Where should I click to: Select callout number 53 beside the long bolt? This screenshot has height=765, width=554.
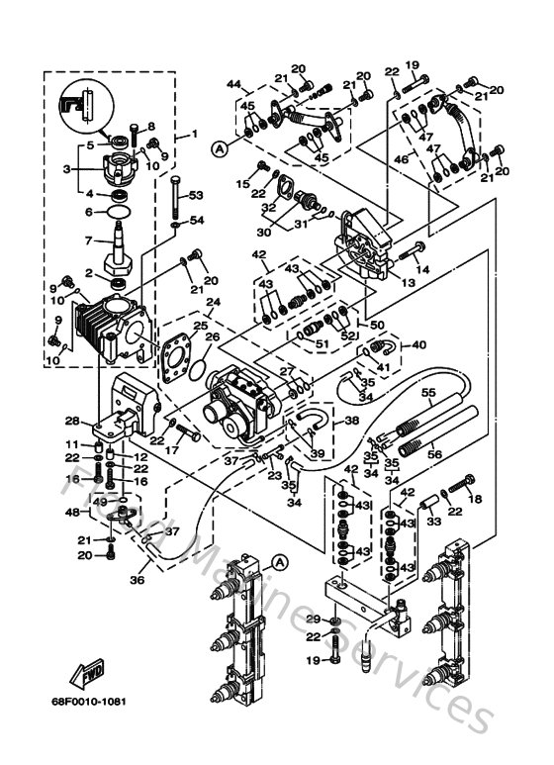(x=195, y=195)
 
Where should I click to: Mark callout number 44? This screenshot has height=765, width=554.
(x=233, y=84)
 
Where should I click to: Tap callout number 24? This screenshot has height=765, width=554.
(x=214, y=301)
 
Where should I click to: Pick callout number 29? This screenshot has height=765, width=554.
(x=314, y=619)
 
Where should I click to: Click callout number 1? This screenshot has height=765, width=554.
(x=194, y=133)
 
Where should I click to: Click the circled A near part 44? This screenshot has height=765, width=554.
(x=219, y=148)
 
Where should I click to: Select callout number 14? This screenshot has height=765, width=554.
(x=423, y=268)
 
